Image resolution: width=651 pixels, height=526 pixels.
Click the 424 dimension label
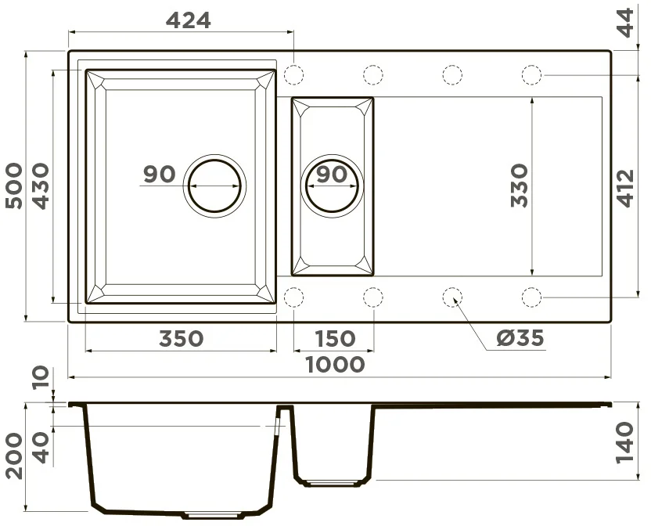coord(189,20)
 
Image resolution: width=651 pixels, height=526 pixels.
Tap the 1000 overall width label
coord(335,365)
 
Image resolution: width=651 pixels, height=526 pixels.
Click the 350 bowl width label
coord(182,339)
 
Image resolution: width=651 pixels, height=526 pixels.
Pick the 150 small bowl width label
coord(336,339)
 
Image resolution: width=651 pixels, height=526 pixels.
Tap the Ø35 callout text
coord(520,338)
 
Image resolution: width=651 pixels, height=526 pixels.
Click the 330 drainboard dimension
coord(520,186)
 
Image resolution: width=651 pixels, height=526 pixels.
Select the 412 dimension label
coord(626,188)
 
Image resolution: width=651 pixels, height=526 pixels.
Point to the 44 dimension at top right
coord(626,23)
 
